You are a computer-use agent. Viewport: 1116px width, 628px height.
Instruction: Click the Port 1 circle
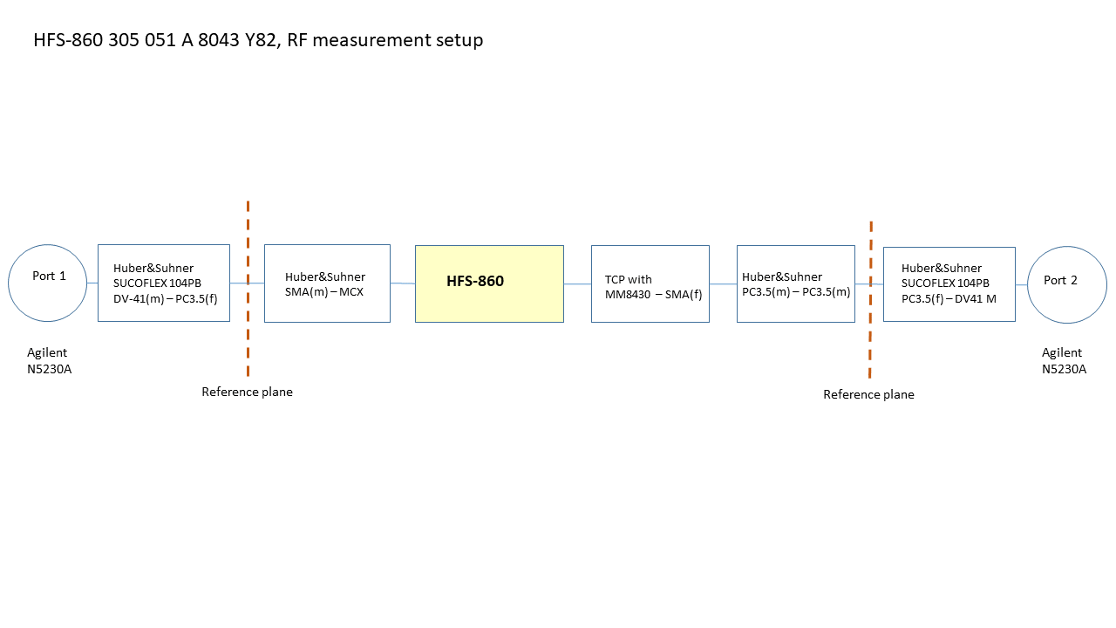click(47, 283)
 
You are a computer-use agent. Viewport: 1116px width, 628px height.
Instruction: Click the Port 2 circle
click(1066, 284)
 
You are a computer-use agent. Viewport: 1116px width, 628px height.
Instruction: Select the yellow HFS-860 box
click(489, 283)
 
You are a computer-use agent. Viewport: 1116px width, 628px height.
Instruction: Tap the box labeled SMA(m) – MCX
click(327, 283)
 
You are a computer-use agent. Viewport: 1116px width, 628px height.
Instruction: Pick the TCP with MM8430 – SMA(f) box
click(650, 283)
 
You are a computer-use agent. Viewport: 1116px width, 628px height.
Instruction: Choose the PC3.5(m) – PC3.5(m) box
click(795, 283)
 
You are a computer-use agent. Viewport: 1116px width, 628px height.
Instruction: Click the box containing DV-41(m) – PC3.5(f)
click(163, 283)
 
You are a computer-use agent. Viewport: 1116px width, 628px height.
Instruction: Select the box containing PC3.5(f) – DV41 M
click(949, 284)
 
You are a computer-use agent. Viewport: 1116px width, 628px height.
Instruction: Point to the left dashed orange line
click(248, 331)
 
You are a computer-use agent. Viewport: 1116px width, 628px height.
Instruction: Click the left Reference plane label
click(247, 392)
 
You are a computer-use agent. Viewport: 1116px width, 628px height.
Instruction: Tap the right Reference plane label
click(868, 395)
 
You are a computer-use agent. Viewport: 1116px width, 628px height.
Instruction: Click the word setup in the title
click(458, 40)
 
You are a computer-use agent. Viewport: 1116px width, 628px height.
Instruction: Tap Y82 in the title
click(262, 40)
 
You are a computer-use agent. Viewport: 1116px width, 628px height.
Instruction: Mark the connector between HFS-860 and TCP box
click(577, 283)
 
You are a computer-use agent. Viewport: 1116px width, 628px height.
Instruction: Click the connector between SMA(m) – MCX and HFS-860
click(402, 283)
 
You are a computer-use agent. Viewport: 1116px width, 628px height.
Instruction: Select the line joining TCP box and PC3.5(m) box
click(723, 283)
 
